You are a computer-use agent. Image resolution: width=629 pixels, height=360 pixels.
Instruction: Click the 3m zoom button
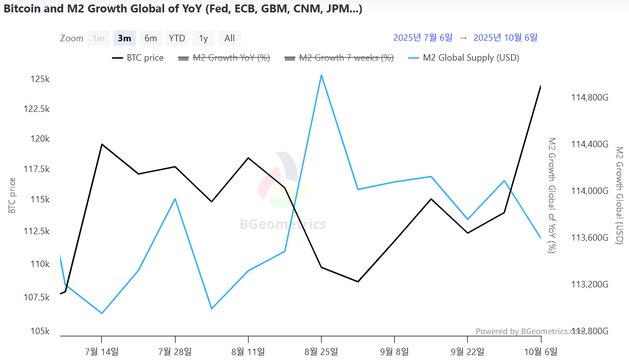coord(124,38)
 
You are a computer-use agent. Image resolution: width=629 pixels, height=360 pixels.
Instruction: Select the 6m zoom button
coord(151,38)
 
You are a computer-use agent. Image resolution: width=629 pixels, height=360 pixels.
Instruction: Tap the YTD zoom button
coord(177,38)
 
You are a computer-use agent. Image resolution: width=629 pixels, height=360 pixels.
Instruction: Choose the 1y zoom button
coord(203,38)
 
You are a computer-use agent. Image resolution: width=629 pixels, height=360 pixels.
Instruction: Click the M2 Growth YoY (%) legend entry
coord(231,58)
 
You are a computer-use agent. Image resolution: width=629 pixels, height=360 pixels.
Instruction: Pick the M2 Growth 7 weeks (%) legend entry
coord(346,58)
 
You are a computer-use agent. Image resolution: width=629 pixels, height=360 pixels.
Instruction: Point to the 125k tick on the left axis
coord(40,80)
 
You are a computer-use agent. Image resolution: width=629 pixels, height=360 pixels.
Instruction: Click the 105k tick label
coord(40,332)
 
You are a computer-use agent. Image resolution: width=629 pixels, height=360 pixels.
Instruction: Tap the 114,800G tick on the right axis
coord(590,98)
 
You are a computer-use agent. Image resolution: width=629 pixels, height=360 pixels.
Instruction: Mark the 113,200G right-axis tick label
coord(590,284)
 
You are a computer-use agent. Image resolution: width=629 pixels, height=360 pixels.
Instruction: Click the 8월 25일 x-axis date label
coord(321,352)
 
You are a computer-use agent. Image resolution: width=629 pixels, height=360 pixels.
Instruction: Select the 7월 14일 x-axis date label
coord(102,352)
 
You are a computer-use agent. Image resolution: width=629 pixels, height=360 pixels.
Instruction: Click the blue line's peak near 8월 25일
coord(321,75)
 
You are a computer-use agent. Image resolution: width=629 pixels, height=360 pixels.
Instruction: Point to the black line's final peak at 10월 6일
coord(540,86)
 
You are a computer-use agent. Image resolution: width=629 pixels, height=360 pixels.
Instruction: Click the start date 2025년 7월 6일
coord(423,38)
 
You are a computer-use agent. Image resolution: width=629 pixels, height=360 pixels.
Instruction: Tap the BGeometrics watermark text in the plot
coord(283,224)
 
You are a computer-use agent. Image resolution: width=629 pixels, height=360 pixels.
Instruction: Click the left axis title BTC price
coord(12,195)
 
